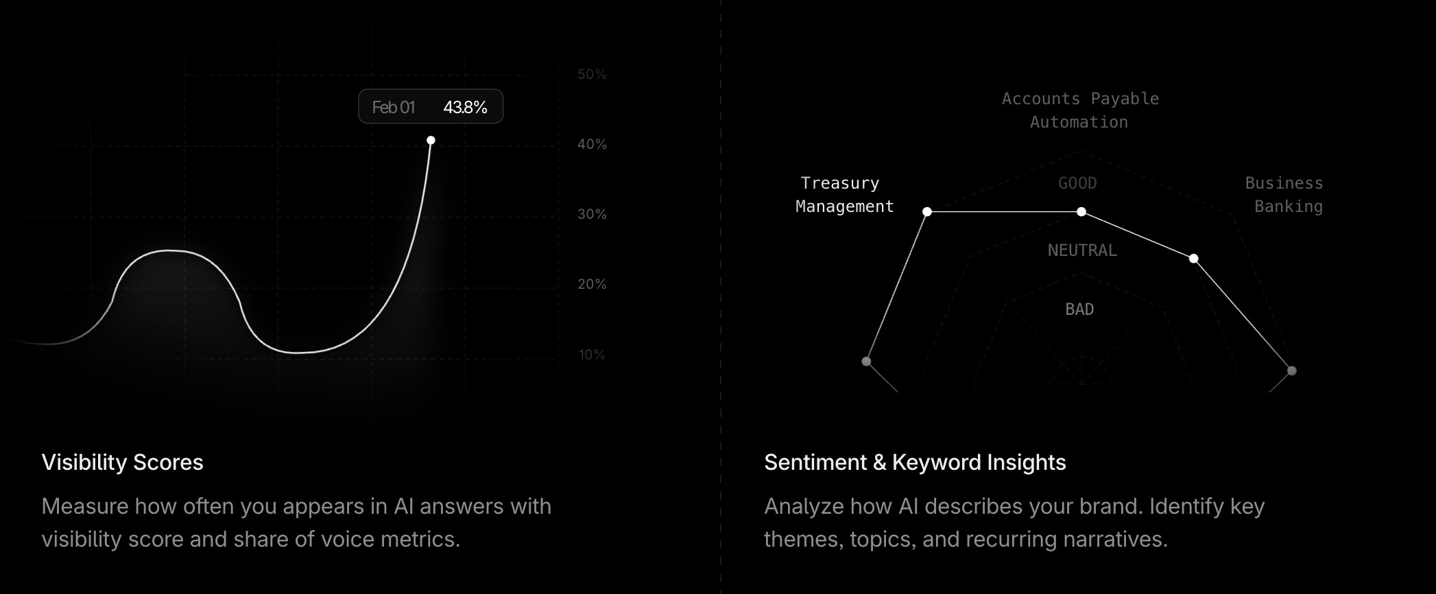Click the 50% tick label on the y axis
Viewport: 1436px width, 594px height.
click(x=592, y=74)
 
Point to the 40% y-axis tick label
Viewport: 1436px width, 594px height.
click(x=592, y=144)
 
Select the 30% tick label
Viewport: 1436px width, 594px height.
click(x=592, y=214)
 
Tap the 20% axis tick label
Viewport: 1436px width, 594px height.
click(x=592, y=284)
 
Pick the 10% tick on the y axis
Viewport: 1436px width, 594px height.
click(x=592, y=355)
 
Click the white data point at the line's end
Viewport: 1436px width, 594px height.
click(x=431, y=140)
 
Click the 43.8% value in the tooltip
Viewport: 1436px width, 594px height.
click(x=465, y=107)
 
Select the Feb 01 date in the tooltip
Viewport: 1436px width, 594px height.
click(x=393, y=107)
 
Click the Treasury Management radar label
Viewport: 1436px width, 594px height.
click(x=844, y=195)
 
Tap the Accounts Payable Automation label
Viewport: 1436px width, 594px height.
click(x=1080, y=110)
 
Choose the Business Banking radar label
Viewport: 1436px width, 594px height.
click(x=1284, y=195)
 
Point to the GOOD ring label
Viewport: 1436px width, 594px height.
click(x=1077, y=183)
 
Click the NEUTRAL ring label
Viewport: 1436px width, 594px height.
click(x=1082, y=250)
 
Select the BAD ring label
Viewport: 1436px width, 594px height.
click(x=1079, y=309)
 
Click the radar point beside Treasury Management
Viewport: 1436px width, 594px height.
click(x=927, y=211)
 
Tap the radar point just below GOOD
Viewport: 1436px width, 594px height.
click(x=1081, y=211)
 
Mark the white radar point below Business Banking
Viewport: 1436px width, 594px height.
click(x=1194, y=258)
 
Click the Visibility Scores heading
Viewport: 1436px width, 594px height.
click(x=122, y=462)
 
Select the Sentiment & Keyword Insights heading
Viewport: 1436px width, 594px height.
click(x=915, y=462)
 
